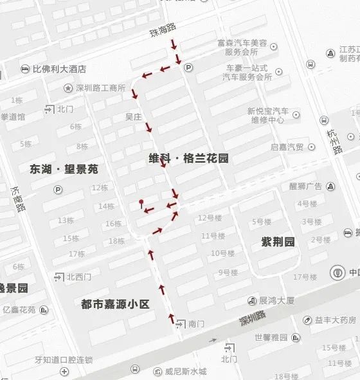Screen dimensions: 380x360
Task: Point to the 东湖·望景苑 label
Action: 64,169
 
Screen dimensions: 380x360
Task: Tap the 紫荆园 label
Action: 278,242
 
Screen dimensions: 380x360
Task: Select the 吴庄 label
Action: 133,118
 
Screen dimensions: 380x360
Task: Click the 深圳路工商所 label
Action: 100,88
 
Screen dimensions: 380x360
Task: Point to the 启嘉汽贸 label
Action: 286,147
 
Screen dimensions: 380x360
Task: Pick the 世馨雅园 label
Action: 271,337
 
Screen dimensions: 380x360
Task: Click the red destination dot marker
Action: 141,203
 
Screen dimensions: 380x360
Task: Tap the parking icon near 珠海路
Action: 188,67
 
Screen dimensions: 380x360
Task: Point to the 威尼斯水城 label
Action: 184,372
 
